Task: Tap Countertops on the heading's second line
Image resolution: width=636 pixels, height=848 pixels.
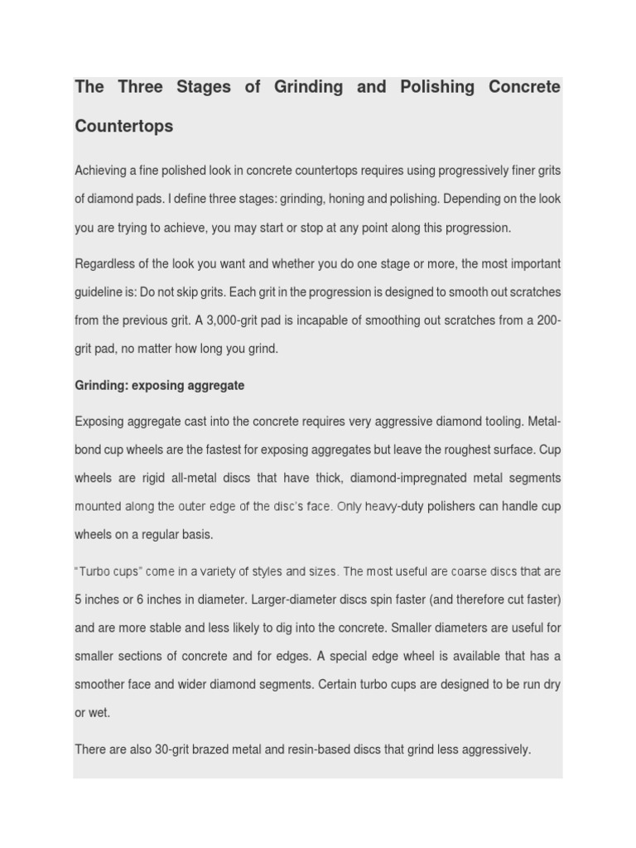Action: [124, 127]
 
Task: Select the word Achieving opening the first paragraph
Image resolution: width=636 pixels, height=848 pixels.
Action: [103, 171]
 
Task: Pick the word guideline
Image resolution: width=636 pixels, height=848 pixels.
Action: [100, 292]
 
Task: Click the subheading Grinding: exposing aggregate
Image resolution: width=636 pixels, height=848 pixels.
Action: [160, 386]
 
